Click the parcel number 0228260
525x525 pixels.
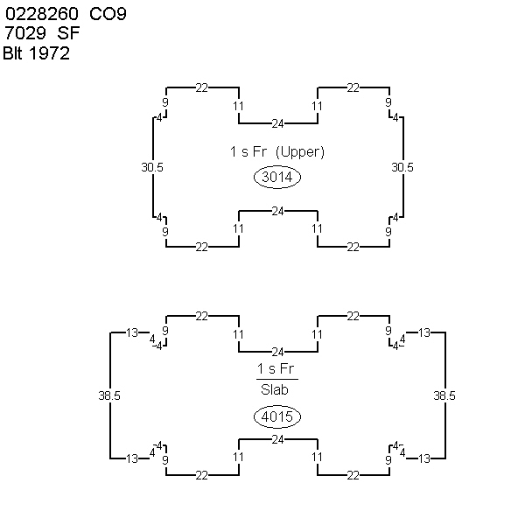click(x=42, y=14)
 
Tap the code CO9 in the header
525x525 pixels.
click(x=108, y=14)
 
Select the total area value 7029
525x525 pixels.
click(x=25, y=33)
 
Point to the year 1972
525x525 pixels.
click(x=49, y=53)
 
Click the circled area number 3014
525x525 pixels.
click(x=277, y=177)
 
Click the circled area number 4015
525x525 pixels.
click(x=277, y=416)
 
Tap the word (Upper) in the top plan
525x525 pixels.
click(x=300, y=152)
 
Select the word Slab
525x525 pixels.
click(x=275, y=389)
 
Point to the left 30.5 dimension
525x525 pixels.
click(x=152, y=167)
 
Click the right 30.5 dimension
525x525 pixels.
click(x=402, y=167)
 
